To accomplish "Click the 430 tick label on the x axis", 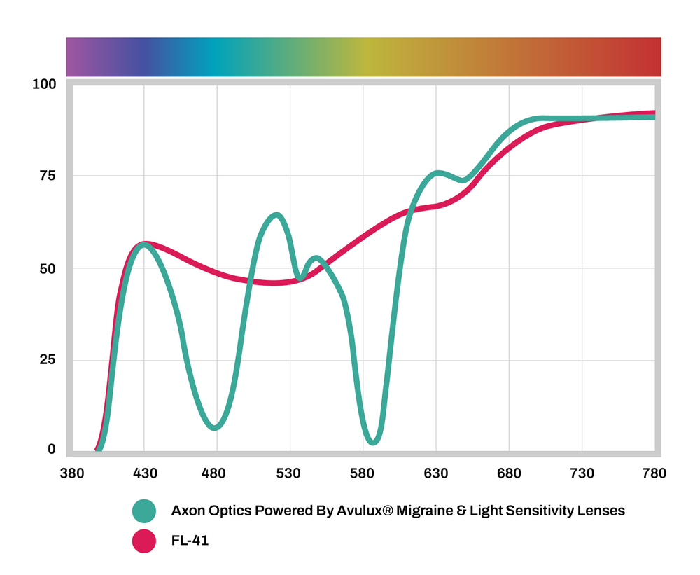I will [x=144, y=474].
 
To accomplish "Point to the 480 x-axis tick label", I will [x=217, y=474].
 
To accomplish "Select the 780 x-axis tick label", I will [x=653, y=474].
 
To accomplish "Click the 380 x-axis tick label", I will [x=71, y=474].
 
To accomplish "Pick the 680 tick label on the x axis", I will [x=509, y=474].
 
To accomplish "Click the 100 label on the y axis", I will [x=43, y=85].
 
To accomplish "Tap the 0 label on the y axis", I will [x=51, y=450].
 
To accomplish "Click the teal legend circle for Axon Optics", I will [x=144, y=511].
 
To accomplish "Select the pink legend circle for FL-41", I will [x=144, y=541].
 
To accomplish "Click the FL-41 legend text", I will [x=190, y=541].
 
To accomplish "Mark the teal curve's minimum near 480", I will [x=216, y=427].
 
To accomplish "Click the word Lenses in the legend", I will [x=601, y=511].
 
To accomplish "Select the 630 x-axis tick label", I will [x=436, y=474].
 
